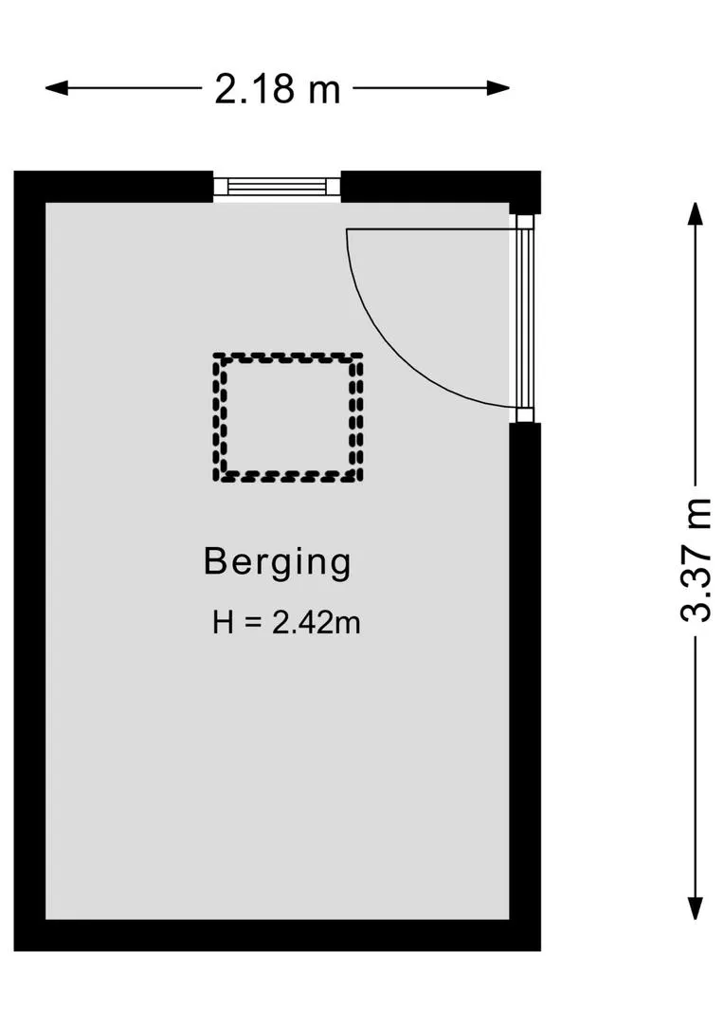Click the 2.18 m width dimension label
(x=278, y=89)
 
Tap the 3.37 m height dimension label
(x=696, y=559)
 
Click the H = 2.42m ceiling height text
(x=286, y=622)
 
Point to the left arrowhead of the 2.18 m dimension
(x=56, y=88)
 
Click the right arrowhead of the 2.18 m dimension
(x=498, y=88)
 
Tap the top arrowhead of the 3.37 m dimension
(x=696, y=214)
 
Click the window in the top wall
(x=278, y=187)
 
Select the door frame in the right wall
(x=525, y=319)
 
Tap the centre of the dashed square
(x=288, y=418)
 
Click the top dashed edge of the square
(x=288, y=357)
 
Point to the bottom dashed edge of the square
(x=288, y=478)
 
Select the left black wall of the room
(x=29, y=560)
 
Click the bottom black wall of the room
(x=278, y=935)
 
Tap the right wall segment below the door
(x=525, y=686)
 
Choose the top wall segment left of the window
(x=114, y=187)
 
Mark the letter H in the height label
(x=223, y=622)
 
